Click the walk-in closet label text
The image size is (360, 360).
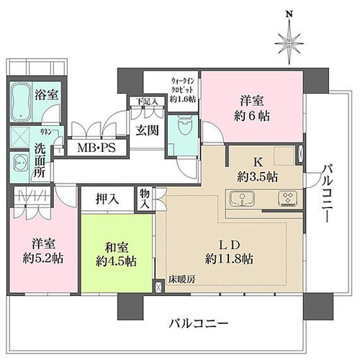172,90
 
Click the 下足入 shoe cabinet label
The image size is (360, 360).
140,102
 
